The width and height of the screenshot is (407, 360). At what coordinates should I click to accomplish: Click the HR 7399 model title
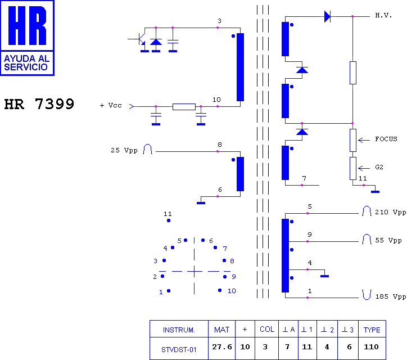(39, 104)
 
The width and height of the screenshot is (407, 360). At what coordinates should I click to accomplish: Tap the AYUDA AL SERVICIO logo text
(27, 62)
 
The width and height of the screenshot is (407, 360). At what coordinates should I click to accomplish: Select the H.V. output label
(383, 15)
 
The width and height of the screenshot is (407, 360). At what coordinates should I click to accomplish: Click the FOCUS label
(386, 139)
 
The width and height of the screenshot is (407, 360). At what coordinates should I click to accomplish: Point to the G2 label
(379, 167)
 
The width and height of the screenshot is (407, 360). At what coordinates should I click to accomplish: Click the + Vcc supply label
(111, 105)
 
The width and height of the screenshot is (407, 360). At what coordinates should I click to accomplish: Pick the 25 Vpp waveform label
(124, 150)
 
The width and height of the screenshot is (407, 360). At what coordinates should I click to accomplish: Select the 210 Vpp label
(390, 212)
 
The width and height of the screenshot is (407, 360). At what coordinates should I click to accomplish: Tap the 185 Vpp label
(391, 296)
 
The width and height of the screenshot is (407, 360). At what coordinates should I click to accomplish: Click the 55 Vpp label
(388, 240)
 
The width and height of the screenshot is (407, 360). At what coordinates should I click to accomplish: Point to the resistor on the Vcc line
(184, 106)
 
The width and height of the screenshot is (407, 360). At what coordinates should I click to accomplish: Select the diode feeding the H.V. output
(327, 16)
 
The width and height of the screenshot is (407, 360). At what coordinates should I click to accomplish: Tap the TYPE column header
(372, 329)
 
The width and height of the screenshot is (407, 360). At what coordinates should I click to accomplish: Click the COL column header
(267, 329)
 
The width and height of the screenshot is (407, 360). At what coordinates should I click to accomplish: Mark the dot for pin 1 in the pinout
(169, 291)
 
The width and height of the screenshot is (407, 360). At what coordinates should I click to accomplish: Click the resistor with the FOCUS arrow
(352, 140)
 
